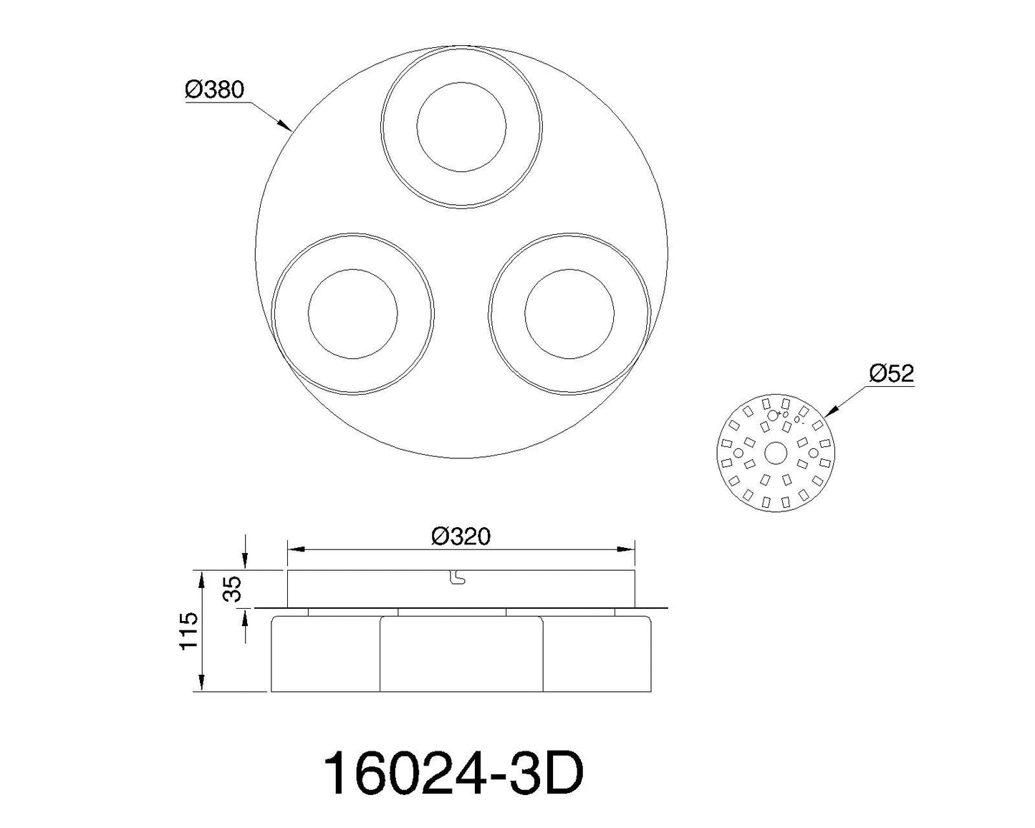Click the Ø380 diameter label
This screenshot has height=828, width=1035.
(x=214, y=90)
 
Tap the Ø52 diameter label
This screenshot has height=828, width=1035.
(x=892, y=373)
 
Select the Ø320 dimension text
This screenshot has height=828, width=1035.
(x=461, y=536)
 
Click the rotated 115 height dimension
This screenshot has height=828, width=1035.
(x=188, y=631)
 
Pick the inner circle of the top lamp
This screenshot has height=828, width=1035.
(x=461, y=83)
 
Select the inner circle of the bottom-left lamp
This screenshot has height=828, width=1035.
(x=353, y=270)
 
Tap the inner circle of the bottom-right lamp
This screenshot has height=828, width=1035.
(x=569, y=270)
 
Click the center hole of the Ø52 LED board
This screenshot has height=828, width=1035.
(x=776, y=453)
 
